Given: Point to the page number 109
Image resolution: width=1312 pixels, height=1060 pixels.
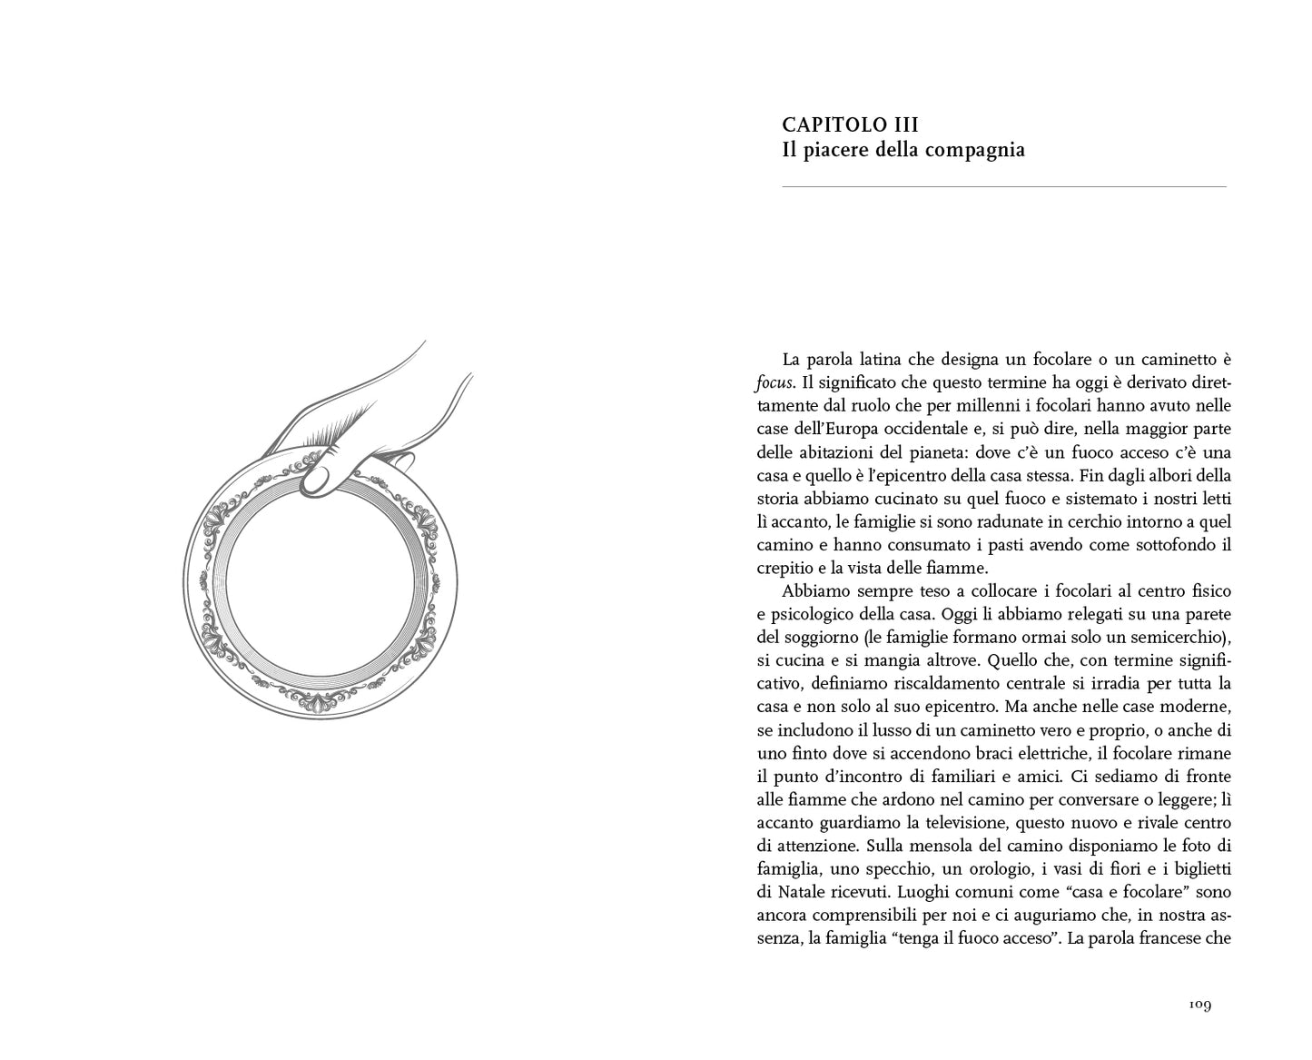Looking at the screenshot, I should click(1199, 1005).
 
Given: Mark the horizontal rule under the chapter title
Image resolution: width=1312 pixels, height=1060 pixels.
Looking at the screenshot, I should click(1003, 187).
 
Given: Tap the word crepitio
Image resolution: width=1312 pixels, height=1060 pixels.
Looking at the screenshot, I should click(786, 568).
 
